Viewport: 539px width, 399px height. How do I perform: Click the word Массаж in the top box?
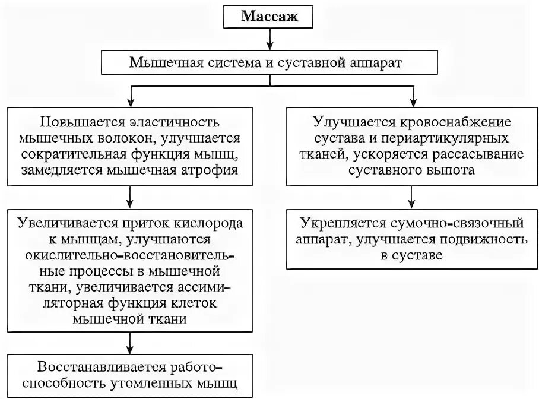coord(268,16)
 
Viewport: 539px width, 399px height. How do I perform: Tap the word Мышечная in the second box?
coord(164,62)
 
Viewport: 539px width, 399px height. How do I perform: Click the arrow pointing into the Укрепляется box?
coord(411,198)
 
